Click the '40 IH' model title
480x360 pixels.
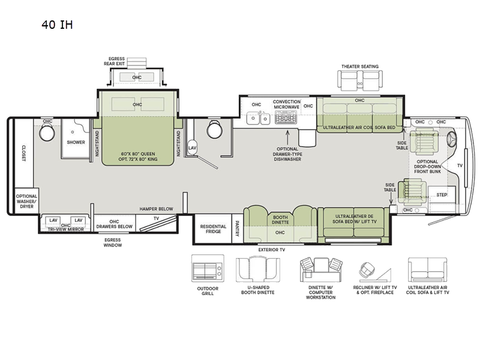click(57, 25)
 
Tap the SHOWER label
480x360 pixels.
click(76, 142)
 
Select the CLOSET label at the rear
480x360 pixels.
click(24, 153)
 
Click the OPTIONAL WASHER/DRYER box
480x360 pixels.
click(26, 201)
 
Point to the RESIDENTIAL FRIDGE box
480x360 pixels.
click(213, 229)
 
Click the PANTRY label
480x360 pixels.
click(237, 229)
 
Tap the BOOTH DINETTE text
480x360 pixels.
click(280, 220)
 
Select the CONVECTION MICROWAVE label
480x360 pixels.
click(287, 104)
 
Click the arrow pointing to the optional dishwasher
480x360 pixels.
click(287, 137)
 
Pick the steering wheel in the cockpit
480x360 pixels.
click(452, 139)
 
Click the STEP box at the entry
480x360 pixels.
click(442, 194)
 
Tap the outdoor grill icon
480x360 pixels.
click(208, 268)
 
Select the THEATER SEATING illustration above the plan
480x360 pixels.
click(360, 80)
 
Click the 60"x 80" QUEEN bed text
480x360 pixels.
click(138, 154)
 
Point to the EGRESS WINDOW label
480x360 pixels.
click(113, 242)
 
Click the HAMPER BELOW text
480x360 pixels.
click(157, 209)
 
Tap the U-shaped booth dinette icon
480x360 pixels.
click(258, 269)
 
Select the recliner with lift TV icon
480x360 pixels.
click(375, 271)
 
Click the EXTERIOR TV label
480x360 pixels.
click(272, 250)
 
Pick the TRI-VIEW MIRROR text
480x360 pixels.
click(66, 229)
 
